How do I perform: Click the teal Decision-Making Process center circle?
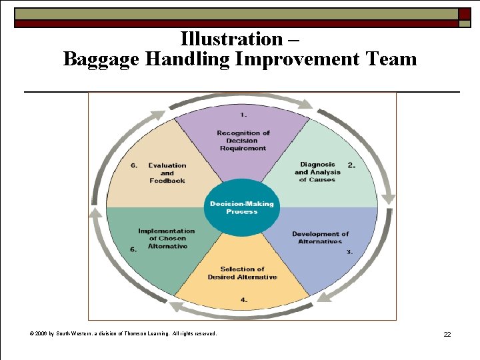241,207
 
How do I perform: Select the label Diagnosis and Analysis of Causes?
317,172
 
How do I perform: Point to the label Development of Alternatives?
320,237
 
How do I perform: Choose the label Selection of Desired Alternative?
242,273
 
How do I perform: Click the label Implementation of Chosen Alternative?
167,239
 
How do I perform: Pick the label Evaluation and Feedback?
167,173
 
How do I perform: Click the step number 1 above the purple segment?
244,115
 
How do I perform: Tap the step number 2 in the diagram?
351,165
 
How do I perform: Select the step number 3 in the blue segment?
349,252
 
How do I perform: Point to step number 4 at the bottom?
243,300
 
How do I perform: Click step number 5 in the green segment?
133,249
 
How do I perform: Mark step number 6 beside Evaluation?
133,165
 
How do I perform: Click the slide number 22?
447,334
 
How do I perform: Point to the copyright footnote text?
123,333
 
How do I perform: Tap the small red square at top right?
464,13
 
